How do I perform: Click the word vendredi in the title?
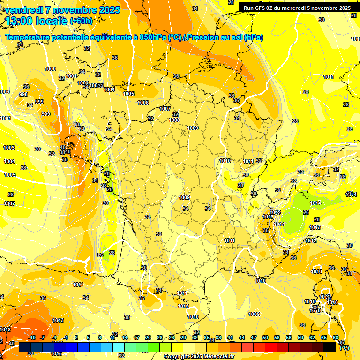pyautogui.click(x=24, y=10)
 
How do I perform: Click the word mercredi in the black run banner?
pyautogui.click(x=308, y=8)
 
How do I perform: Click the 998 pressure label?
pyautogui.click(x=23, y=94)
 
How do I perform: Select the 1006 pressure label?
pyautogui.click(x=143, y=103)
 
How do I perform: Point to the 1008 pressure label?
pyautogui.click(x=174, y=120)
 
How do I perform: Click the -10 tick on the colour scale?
pyautogui.click(x=32, y=337)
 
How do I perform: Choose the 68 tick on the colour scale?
pyautogui.click(x=336, y=337)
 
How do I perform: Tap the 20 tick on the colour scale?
pyautogui.click(x=148, y=337)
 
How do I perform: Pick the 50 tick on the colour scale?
pyautogui.click(x=265, y=337)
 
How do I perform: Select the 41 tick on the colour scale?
pyautogui.click(x=230, y=337)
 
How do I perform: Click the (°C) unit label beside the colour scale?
pyautogui.click(x=344, y=348)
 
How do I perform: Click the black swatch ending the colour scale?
pyautogui.click(x=330, y=347)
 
